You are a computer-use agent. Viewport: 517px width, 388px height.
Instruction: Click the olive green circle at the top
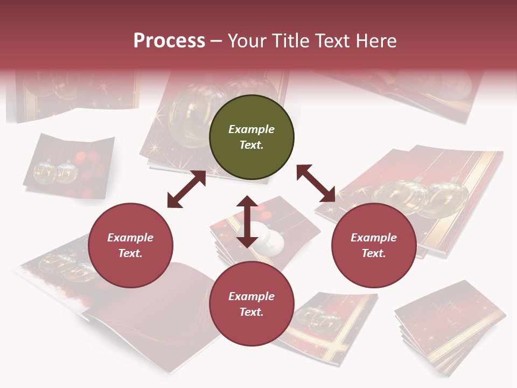(251, 137)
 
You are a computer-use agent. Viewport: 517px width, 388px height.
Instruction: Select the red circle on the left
(130, 246)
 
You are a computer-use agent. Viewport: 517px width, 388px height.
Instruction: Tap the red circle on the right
(374, 246)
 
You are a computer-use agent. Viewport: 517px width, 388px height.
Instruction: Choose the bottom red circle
(251, 304)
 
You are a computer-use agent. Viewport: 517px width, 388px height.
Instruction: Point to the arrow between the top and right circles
(316, 184)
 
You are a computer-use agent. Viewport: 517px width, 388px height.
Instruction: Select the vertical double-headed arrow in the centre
(247, 221)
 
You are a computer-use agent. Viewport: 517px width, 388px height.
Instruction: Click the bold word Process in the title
(169, 40)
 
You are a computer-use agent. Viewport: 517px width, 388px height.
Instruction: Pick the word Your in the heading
(246, 40)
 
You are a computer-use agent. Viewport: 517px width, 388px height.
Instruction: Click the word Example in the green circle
(251, 129)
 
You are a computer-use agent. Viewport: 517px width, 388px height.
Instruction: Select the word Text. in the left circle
(130, 253)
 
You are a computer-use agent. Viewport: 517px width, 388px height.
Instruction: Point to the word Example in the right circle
(374, 238)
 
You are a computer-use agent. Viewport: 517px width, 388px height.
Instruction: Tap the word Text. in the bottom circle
(251, 312)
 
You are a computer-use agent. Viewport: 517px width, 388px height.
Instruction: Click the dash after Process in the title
(216, 41)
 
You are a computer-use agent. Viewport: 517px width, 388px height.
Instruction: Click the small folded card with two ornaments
(68, 167)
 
